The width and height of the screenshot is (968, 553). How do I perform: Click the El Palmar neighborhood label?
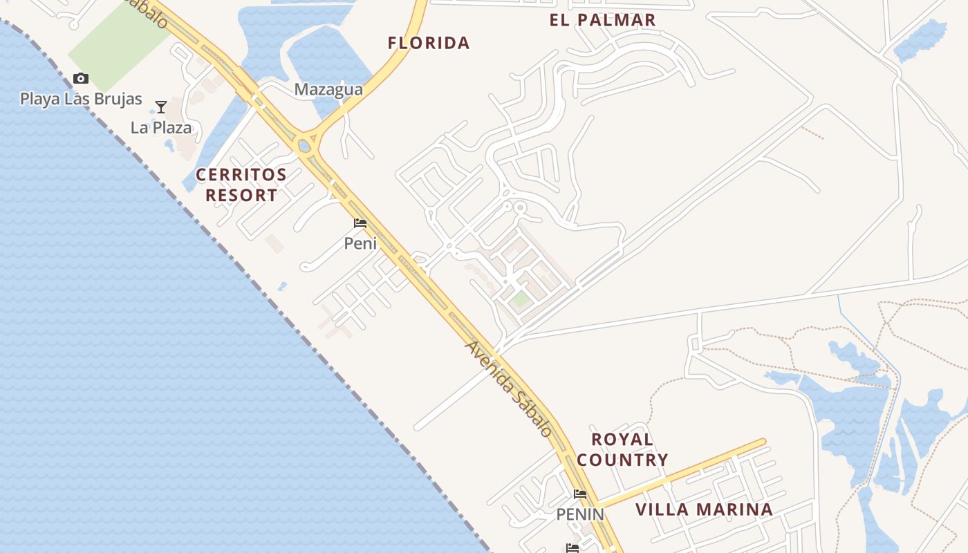click(602, 20)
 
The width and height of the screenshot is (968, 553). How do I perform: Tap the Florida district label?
click(429, 43)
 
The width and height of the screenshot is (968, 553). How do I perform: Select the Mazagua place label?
click(328, 89)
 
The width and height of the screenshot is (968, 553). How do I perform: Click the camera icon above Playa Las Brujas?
click(81, 78)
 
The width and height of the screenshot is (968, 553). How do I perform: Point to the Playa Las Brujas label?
click(81, 99)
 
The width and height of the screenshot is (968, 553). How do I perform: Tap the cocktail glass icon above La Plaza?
click(161, 107)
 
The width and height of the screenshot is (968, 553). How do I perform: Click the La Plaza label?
click(161, 127)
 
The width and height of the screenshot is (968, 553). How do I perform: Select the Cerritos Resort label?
click(241, 185)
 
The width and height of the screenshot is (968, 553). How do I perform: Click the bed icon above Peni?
click(360, 223)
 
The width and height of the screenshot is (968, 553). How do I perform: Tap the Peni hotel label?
click(360, 243)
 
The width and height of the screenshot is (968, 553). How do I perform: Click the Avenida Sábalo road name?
click(510, 388)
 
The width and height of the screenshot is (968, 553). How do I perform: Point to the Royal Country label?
click(622, 449)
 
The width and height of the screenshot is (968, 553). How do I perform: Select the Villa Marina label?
click(704, 510)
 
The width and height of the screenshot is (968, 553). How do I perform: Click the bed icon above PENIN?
click(580, 494)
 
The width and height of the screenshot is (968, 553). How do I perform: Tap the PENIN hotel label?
click(580, 514)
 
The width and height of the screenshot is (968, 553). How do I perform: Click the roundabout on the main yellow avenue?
click(304, 146)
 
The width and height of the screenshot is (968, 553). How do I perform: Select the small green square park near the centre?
click(521, 299)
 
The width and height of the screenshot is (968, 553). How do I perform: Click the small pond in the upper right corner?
click(921, 39)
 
